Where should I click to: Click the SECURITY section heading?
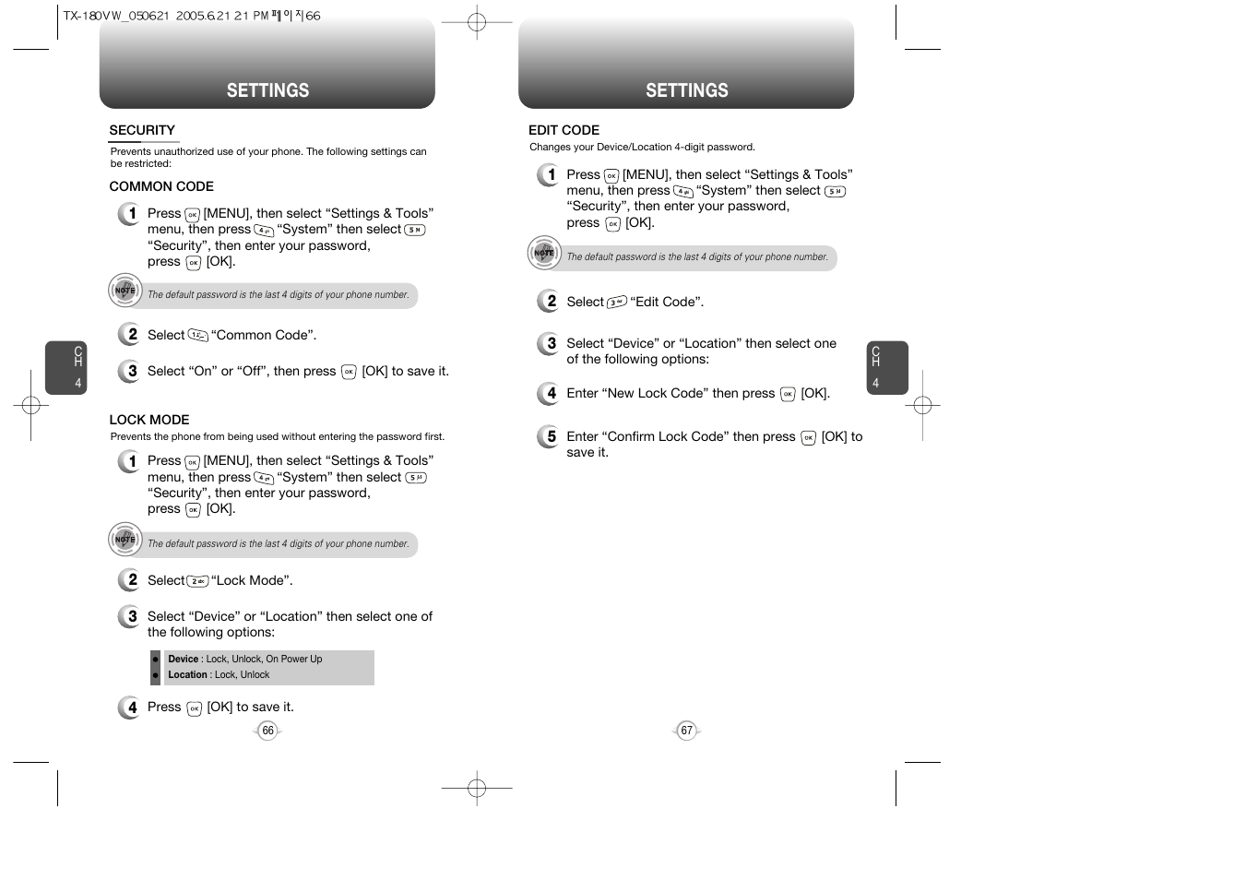click(x=142, y=130)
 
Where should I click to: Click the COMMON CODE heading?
click(x=161, y=186)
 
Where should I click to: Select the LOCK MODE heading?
click(x=149, y=420)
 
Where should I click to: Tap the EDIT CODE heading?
click(x=564, y=130)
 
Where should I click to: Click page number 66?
click(x=267, y=731)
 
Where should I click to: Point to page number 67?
click(x=686, y=731)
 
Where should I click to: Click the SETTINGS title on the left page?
click(x=267, y=90)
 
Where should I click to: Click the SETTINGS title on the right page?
click(x=686, y=90)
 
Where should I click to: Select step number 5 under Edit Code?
click(x=550, y=436)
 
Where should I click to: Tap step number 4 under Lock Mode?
click(x=130, y=708)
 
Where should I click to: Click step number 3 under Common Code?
click(x=130, y=371)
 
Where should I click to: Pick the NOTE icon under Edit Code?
click(x=544, y=253)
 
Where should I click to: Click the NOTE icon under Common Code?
click(x=125, y=291)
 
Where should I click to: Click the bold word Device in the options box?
click(x=183, y=659)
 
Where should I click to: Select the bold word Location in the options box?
click(x=187, y=674)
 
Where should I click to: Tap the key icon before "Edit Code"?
click(x=617, y=302)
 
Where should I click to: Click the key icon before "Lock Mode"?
click(x=197, y=581)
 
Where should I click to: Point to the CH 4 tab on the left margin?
click(x=66, y=368)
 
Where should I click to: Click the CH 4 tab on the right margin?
click(x=886, y=368)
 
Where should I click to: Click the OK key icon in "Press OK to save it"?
click(x=194, y=708)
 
